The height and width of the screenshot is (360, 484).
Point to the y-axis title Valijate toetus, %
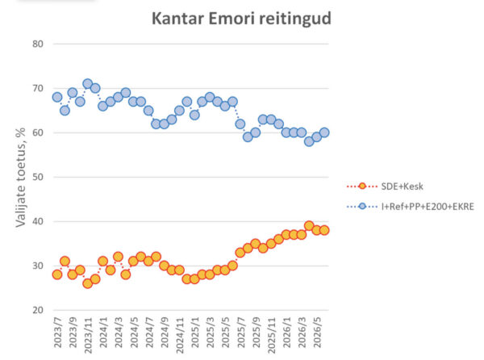click(21, 178)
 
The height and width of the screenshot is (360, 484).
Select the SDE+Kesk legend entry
click(385, 186)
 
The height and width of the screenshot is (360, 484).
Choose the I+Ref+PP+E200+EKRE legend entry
click(411, 207)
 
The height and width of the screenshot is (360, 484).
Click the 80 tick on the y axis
click(38, 44)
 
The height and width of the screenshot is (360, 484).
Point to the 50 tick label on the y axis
click(38, 178)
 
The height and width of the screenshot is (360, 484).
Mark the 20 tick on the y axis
click(38, 310)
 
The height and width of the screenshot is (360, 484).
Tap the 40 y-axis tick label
click(38, 221)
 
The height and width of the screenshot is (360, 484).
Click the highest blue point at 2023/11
click(88, 84)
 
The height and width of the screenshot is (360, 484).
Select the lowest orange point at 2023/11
click(88, 283)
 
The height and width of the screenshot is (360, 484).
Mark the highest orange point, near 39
click(309, 226)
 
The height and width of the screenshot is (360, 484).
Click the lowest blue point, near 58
click(309, 141)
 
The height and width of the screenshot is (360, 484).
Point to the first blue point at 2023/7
click(57, 97)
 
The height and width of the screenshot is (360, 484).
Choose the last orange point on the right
click(324, 230)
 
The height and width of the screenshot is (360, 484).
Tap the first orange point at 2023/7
click(57, 274)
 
